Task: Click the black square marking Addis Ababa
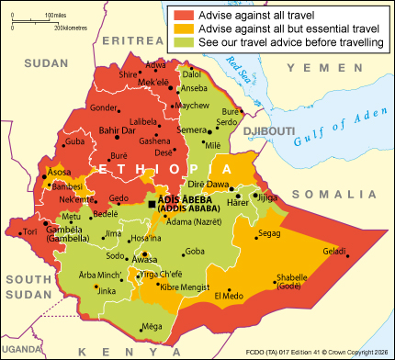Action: (152, 204)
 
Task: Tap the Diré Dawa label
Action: (233, 185)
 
